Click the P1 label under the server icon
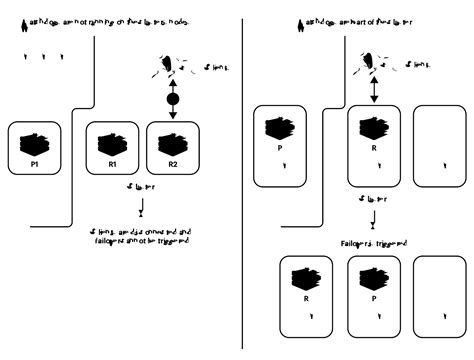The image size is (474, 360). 34,163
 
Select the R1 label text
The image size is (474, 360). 113,163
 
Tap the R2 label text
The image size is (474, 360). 173,163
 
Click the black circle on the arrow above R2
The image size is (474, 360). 172,101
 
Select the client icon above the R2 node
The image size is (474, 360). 163,67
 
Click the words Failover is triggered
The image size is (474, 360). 374,243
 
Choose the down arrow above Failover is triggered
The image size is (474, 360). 373,218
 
